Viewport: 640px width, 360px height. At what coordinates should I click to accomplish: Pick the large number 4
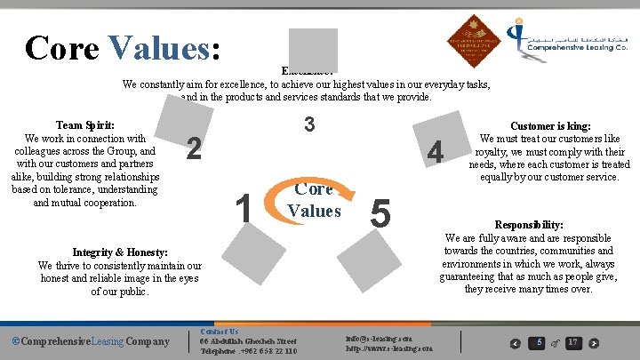pos(435,153)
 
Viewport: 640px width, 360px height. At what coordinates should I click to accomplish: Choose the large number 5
pos(380,212)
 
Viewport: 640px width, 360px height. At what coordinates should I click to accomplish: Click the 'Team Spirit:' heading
pos(84,125)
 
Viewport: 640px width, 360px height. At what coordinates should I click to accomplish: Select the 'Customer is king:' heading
pos(549,127)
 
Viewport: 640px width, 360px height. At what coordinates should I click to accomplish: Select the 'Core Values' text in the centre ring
pos(314,200)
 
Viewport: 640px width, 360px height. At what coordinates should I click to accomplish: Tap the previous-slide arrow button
pos(515,343)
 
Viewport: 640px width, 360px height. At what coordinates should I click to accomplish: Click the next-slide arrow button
pos(594,343)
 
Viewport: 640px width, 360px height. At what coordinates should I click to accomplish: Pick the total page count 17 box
pos(573,342)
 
